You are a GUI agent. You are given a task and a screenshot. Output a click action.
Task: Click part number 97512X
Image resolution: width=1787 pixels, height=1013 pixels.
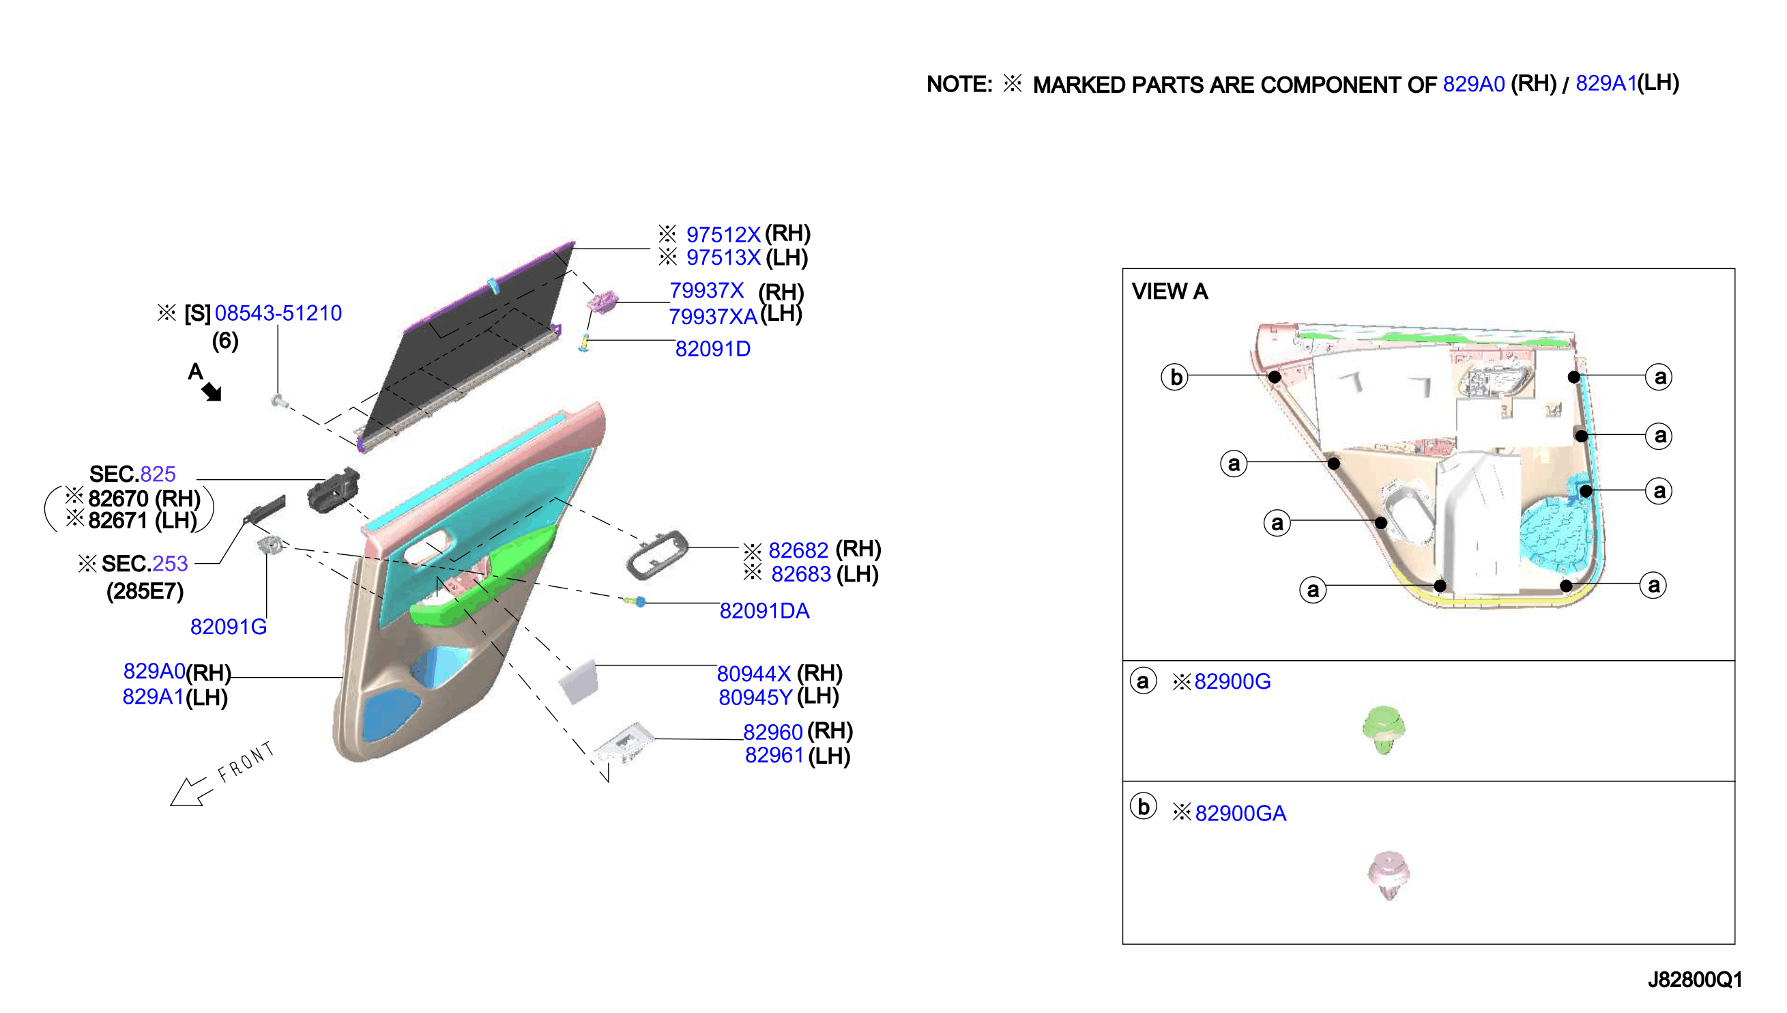[723, 234]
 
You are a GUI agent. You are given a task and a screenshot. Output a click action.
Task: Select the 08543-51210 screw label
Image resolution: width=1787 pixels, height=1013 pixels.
[278, 313]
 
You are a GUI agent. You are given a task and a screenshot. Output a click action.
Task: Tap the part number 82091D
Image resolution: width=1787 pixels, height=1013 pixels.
[713, 349]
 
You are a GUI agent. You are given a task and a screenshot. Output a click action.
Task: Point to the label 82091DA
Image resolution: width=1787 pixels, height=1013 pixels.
[764, 611]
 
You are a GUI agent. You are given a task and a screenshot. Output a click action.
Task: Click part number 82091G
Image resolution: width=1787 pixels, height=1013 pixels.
[229, 627]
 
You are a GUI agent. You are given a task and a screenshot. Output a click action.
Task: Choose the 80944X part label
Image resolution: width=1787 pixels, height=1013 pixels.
[754, 674]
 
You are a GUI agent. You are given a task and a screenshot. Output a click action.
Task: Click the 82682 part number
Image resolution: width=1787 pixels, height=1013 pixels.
[798, 550]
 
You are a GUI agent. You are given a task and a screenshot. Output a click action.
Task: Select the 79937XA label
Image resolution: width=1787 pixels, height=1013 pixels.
[713, 317]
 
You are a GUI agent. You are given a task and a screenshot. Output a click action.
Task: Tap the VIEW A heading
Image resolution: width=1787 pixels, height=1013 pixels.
[1169, 291]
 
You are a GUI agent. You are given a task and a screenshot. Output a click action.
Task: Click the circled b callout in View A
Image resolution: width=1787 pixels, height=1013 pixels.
[1175, 377]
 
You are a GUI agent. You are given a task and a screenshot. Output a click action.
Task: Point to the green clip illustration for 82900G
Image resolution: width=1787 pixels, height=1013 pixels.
[1383, 730]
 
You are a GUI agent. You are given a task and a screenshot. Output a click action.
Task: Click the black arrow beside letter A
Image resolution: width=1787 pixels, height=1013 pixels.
[212, 392]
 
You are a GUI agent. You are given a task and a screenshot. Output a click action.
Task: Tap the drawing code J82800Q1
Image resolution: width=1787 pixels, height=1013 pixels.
[1694, 980]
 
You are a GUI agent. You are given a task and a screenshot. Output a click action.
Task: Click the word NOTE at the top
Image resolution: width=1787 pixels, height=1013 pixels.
[959, 84]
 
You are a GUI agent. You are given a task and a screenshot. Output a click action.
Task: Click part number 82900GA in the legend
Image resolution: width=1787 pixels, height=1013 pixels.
[1240, 812]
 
